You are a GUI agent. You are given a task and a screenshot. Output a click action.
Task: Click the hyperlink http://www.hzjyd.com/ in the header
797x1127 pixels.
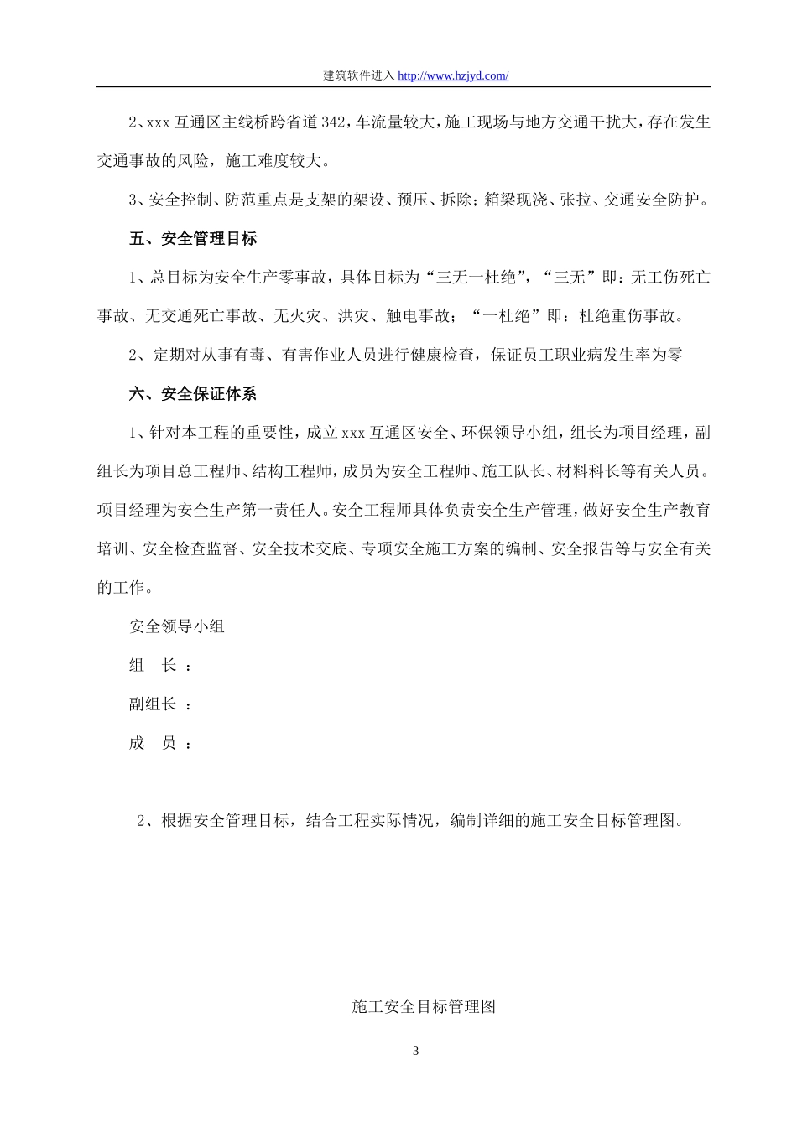click(453, 75)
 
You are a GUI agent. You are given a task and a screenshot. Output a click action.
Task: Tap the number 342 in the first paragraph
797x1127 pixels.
click(333, 122)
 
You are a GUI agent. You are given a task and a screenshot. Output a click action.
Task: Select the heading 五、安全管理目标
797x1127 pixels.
click(193, 239)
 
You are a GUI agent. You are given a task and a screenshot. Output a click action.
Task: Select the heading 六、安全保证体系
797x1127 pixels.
click(193, 393)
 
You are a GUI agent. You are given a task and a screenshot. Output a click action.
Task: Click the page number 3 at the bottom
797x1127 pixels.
click(415, 1052)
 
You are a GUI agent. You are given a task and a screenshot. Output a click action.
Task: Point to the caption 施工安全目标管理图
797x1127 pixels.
click(424, 1006)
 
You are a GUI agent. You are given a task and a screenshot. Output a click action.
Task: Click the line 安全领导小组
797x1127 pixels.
click(177, 626)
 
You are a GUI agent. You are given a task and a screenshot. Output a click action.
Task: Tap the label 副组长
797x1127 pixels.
click(153, 704)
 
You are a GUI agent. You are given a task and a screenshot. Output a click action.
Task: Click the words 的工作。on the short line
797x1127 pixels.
click(125, 588)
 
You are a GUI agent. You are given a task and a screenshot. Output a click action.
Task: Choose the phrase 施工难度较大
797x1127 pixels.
click(273, 161)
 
